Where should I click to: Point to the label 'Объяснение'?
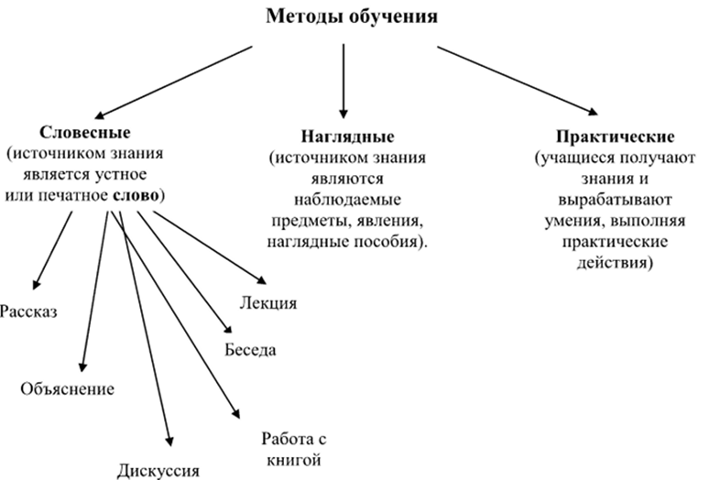(67, 388)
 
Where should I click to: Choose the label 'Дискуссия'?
(158, 471)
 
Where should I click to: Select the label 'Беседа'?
(250, 349)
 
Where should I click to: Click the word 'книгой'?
(293, 455)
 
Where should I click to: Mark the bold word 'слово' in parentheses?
(136, 196)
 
